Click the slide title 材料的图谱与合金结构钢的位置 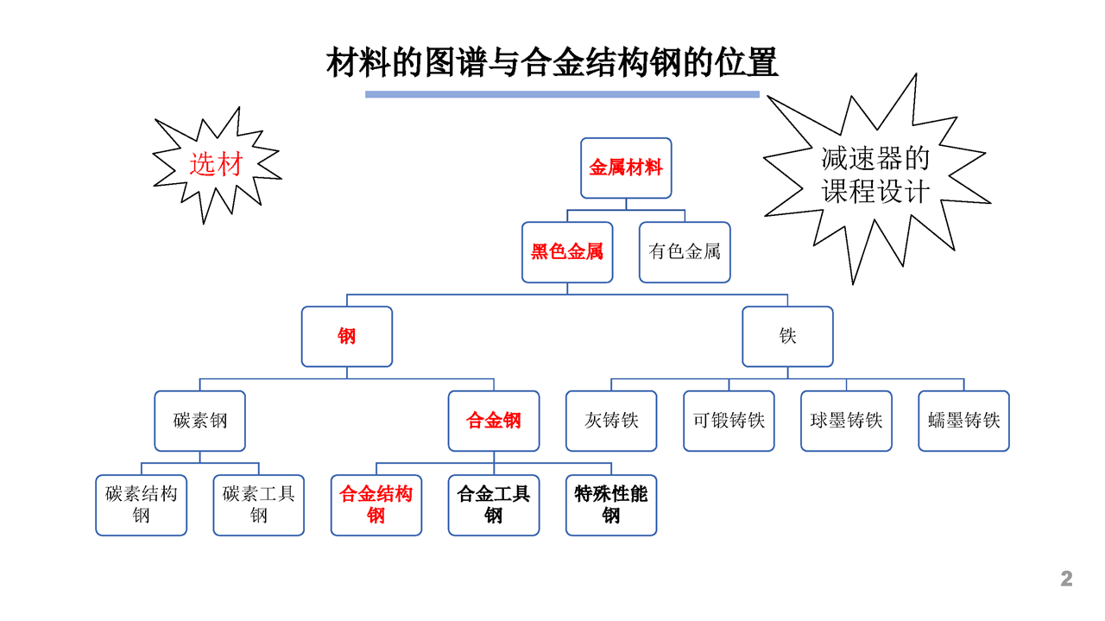coord(552,62)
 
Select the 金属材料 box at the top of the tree coord(626,168)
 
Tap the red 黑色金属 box coord(567,252)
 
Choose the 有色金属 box coord(685,252)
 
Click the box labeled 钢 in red coord(347,337)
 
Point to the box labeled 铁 coord(788,337)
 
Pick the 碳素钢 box coord(199,421)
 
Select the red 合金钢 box coord(494,421)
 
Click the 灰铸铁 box coord(611,421)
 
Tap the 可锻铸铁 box coord(729,421)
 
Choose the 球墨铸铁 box coord(847,421)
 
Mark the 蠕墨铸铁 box coord(964,421)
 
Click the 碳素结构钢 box coord(141,505)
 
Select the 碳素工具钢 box coord(258,505)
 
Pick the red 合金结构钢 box coord(376,505)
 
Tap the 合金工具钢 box coord(494,505)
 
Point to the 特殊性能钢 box coord(611,505)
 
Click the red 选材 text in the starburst coord(216,164)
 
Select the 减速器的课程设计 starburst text coord(875,174)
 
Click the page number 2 coord(1066,579)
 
